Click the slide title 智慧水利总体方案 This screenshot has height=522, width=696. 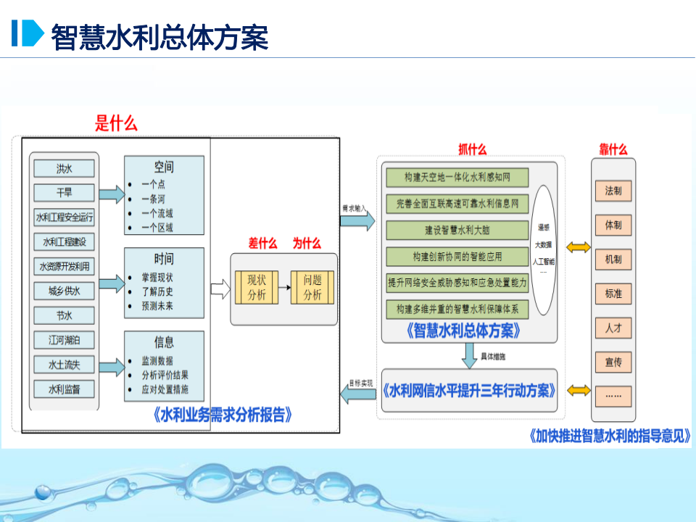click(x=159, y=36)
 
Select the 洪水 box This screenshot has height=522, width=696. click(x=65, y=169)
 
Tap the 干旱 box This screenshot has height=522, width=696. click(x=65, y=193)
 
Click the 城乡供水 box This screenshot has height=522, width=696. click(x=65, y=291)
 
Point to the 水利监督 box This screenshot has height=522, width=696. click(x=65, y=389)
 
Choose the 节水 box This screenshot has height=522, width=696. click(x=65, y=315)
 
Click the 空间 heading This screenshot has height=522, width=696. click(x=164, y=167)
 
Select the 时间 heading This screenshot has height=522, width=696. click(x=164, y=259)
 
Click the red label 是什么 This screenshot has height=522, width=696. click(x=116, y=123)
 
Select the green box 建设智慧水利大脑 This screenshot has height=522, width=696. click(x=457, y=230)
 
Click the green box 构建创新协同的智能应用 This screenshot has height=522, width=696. click(x=457, y=256)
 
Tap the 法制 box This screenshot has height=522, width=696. click(x=613, y=191)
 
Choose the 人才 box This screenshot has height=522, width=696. click(x=613, y=328)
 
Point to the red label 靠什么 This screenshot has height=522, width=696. click(x=613, y=149)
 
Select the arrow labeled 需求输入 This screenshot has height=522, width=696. click(x=359, y=220)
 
